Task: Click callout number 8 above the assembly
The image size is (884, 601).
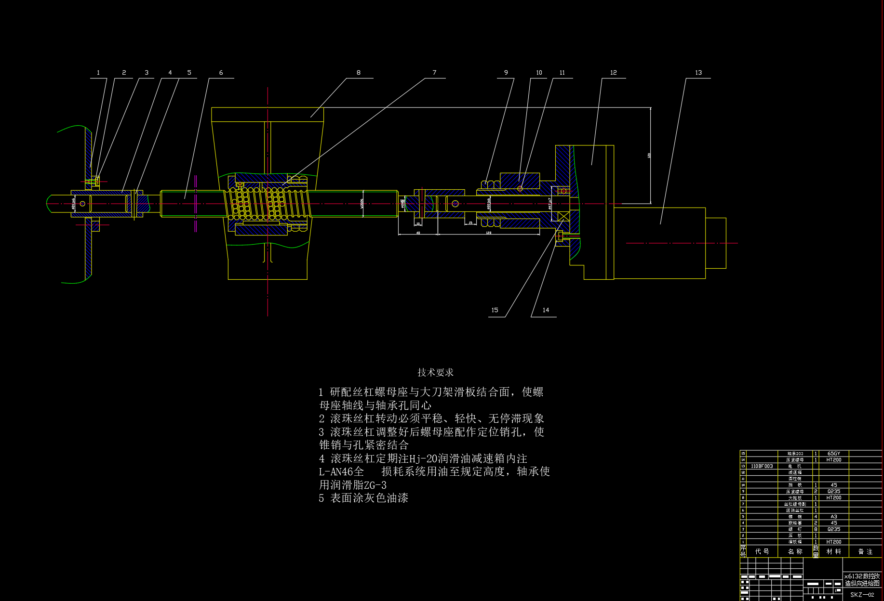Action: [x=358, y=73]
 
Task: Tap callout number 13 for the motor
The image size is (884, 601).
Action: [x=698, y=73]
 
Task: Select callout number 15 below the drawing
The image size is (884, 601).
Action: [x=495, y=310]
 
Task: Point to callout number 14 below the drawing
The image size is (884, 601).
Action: [x=546, y=310]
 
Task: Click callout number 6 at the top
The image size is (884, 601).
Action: [x=221, y=73]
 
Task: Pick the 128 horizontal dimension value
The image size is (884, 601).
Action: [x=488, y=233]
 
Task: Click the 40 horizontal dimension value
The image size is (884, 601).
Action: [x=418, y=233]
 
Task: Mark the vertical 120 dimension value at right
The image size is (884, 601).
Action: [x=649, y=156]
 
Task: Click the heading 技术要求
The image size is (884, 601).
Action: [x=435, y=372]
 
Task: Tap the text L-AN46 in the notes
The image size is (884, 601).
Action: [x=337, y=471]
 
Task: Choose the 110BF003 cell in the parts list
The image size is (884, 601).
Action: [x=762, y=466]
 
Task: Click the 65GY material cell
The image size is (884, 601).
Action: [x=833, y=454]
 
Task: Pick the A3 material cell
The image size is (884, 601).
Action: [x=833, y=517]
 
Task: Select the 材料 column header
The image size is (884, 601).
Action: [x=833, y=551]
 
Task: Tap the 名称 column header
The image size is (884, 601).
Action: [x=795, y=551]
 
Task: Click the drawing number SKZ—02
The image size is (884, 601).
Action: [x=862, y=595]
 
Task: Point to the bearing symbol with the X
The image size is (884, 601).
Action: [x=563, y=216]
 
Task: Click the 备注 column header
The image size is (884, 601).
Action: [x=865, y=551]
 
